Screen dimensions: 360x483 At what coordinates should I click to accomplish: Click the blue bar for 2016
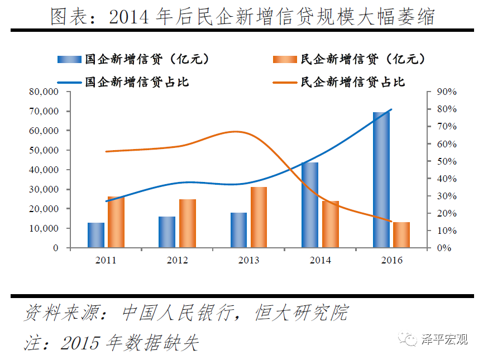pos(381,180)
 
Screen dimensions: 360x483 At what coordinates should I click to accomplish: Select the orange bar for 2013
pos(259,217)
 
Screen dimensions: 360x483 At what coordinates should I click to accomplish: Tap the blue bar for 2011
pos(96,235)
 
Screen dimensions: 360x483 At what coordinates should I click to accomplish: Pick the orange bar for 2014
pos(330,224)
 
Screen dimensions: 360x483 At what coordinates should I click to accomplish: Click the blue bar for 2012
pos(167,232)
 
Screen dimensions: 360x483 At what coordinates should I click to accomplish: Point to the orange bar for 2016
pos(401,234)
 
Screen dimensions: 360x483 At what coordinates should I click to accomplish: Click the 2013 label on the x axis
pos(248,260)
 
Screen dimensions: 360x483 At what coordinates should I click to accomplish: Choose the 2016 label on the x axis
pos(391,260)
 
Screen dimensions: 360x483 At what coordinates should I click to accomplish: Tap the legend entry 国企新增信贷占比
pos(137,82)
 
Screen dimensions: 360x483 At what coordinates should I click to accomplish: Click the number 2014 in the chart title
pos(130,17)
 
